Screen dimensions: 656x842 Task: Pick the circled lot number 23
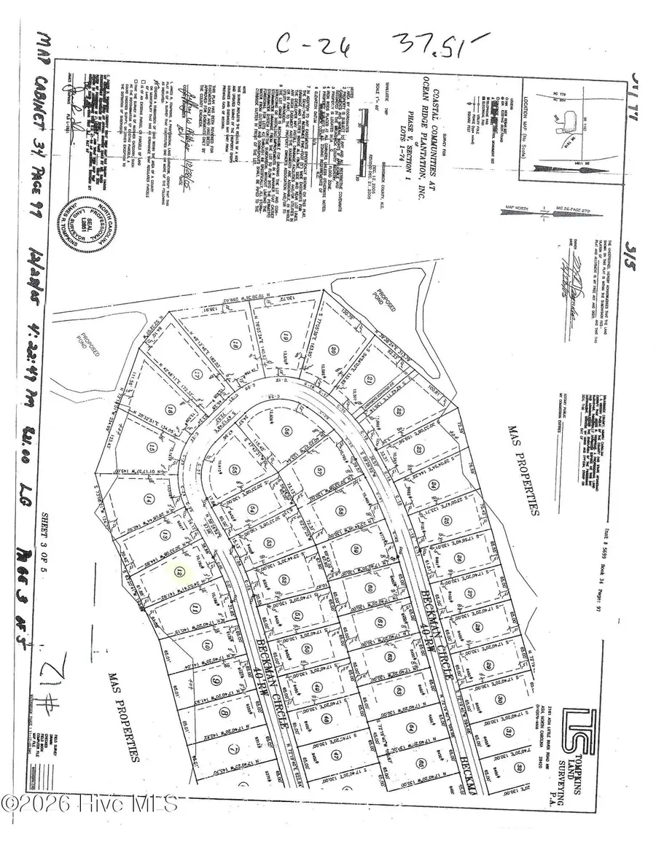[418, 449]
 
